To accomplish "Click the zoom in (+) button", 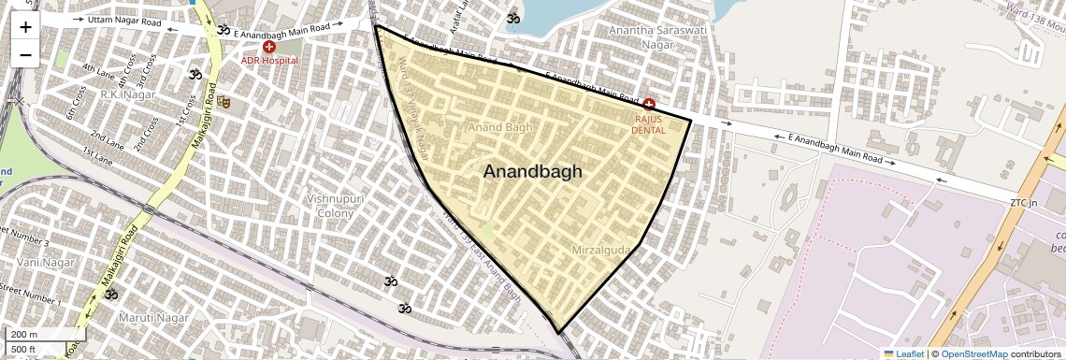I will (x=25, y=26).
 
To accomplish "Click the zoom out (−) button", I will (x=25, y=54).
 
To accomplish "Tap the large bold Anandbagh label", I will (x=532, y=172).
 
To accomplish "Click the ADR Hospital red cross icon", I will (x=269, y=47).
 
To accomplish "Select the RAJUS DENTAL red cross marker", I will (x=649, y=105).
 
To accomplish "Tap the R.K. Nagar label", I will (x=121, y=94).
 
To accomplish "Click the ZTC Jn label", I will (x=1024, y=203).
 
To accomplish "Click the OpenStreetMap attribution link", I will (x=973, y=353).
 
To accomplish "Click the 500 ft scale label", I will (x=24, y=350).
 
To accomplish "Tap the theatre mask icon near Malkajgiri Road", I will (x=224, y=103).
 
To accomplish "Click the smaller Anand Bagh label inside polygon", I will (x=500, y=126).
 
